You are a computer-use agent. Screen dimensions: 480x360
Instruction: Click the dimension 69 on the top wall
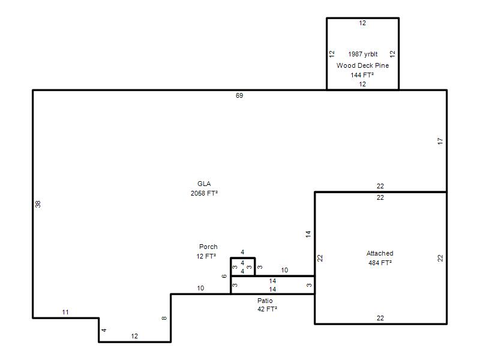tap(239, 95)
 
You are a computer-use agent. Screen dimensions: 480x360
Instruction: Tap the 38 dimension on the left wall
tap(38, 204)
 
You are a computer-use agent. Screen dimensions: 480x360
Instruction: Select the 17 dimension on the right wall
tap(440, 141)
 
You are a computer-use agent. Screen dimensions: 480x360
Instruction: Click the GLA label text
tap(204, 184)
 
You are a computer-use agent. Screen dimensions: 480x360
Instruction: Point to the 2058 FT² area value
tap(204, 193)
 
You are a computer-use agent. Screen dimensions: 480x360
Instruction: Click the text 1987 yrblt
tap(363, 54)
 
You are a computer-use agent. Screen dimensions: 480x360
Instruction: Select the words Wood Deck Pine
tap(363, 65)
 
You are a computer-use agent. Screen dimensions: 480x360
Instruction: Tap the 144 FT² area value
tap(362, 75)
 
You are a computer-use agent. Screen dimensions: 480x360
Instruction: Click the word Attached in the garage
tap(380, 253)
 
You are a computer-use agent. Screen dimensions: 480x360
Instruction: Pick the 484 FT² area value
tap(380, 263)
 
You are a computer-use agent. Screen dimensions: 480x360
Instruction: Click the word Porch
tap(208, 247)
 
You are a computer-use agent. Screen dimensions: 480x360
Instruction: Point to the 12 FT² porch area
tap(206, 256)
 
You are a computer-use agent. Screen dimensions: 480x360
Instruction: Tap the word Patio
tap(265, 301)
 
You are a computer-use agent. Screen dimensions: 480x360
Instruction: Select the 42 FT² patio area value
tap(267, 309)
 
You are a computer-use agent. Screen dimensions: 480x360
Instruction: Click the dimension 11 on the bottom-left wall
tap(65, 312)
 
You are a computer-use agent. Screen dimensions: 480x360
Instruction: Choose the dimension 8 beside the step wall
tap(164, 319)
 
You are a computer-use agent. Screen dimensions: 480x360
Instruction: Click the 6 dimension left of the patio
tap(224, 276)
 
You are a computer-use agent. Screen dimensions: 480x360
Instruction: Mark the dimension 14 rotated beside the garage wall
tap(308, 234)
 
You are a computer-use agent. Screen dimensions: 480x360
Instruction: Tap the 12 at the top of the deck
tap(362, 23)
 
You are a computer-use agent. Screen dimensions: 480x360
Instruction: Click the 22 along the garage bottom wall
tap(380, 318)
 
